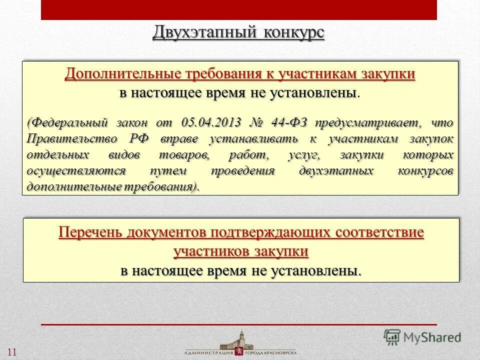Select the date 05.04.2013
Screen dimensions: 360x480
pos(210,122)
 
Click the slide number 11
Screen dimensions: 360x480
pos(12,351)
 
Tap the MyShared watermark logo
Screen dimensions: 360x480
pos(422,336)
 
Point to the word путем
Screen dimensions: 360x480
pos(169,171)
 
